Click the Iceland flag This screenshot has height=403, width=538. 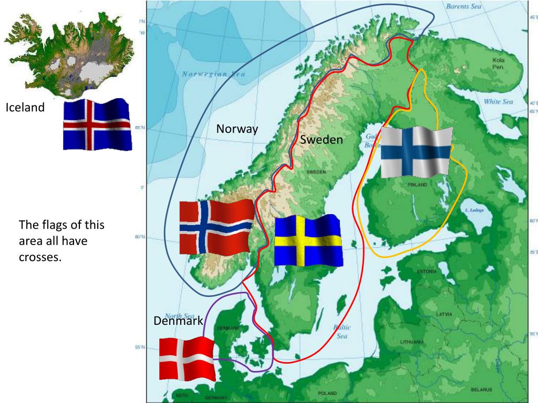[97, 124]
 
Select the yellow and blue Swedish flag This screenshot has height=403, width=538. [308, 241]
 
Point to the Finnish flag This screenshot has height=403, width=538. [415, 152]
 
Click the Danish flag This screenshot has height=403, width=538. [187, 359]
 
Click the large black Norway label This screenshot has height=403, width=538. [237, 129]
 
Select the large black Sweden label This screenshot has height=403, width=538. [322, 140]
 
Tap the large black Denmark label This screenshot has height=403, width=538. [178, 321]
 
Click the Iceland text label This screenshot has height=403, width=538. [25, 108]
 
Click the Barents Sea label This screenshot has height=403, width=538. [463, 7]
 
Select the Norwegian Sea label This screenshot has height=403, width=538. [214, 74]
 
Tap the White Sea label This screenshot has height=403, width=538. [498, 102]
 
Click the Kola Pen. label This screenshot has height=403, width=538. [499, 63]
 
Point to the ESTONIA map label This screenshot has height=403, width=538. [427, 271]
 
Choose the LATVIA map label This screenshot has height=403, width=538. [444, 314]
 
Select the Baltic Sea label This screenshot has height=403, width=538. [342, 331]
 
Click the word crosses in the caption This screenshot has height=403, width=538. [40, 257]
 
